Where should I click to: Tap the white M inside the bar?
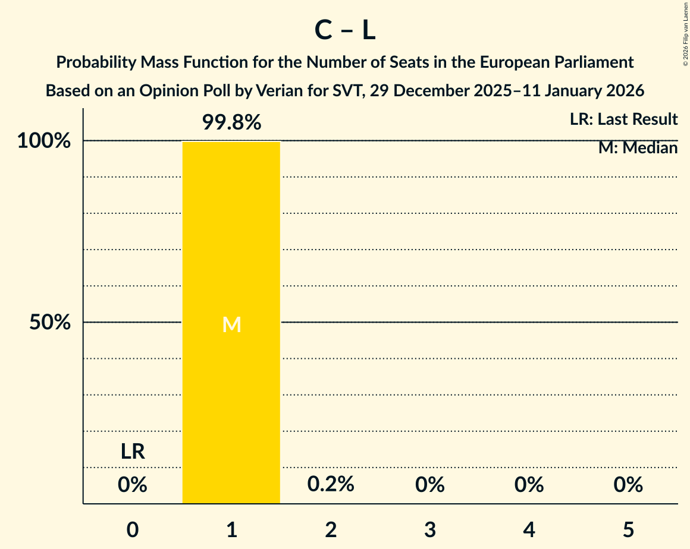tap(231, 324)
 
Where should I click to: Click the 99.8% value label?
tap(231, 122)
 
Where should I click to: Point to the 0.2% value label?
tap(331, 484)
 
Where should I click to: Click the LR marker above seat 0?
tap(133, 452)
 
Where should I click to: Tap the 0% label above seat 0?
tap(133, 485)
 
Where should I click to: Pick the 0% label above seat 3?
tap(430, 485)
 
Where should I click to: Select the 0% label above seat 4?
tap(529, 485)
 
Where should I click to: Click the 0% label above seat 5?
tap(628, 485)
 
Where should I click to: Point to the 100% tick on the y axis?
tap(44, 141)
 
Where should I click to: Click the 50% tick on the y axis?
tap(51, 323)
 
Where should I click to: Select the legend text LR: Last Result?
tap(623, 119)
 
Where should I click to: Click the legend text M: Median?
tap(638, 148)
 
